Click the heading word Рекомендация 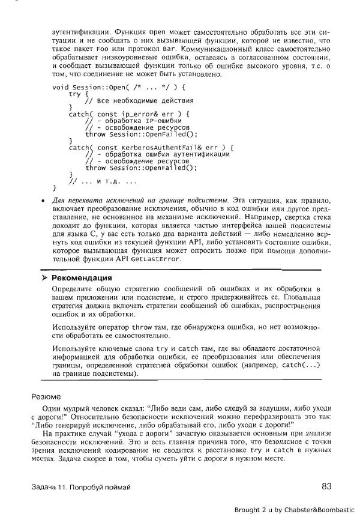click(82, 278)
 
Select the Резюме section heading click(46, 396)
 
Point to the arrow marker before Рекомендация click(44, 278)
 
